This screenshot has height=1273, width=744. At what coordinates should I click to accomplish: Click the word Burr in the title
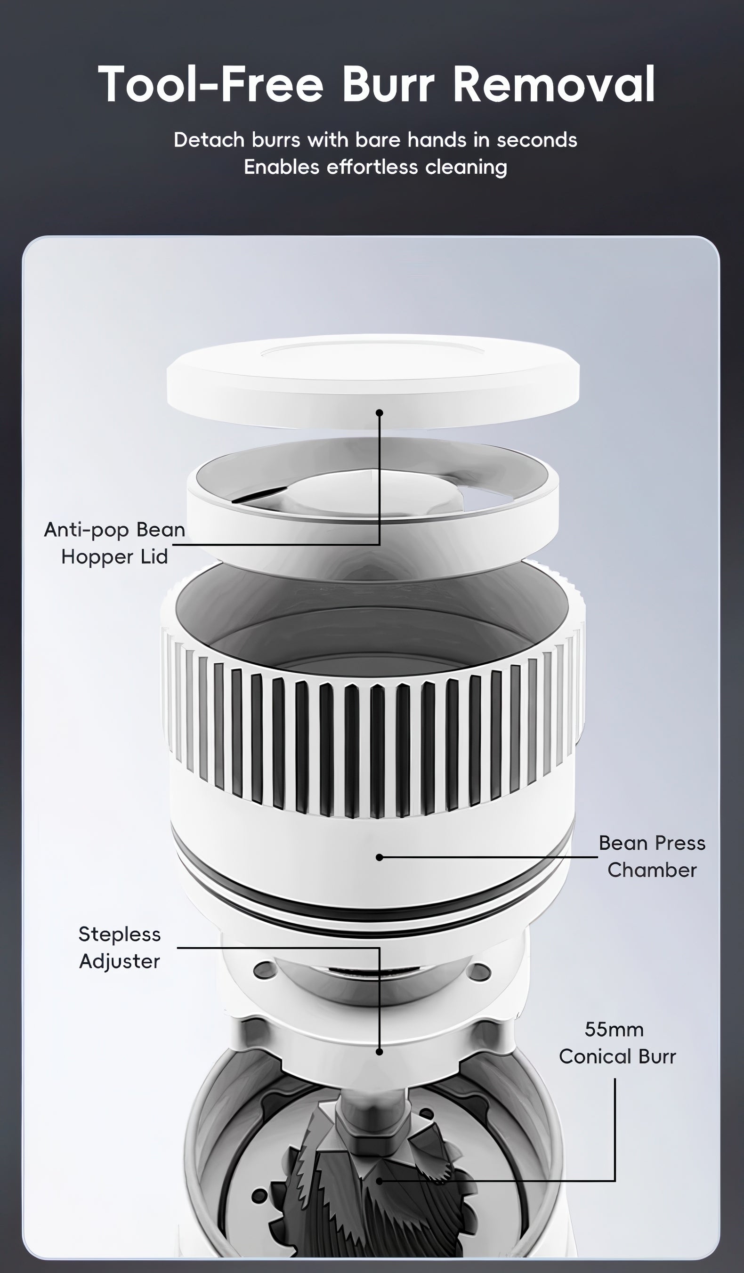[388, 84]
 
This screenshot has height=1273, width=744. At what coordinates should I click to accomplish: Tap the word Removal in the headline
[554, 84]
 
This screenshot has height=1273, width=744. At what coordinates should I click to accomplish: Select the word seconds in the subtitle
[536, 140]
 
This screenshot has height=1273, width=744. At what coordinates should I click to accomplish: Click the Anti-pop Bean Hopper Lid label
[115, 543]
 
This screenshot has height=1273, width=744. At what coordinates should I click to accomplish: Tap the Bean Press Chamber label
[652, 856]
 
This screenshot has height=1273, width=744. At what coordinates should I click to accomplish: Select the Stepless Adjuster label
[120, 948]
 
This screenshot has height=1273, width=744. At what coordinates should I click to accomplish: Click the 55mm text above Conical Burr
[614, 1030]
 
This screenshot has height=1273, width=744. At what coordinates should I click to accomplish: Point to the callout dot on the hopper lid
[380, 413]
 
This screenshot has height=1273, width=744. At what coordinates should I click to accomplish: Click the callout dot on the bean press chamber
[379, 857]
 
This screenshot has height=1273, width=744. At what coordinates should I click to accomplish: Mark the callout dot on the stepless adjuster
[379, 1052]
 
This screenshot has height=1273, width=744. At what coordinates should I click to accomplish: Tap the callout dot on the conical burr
[380, 1181]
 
